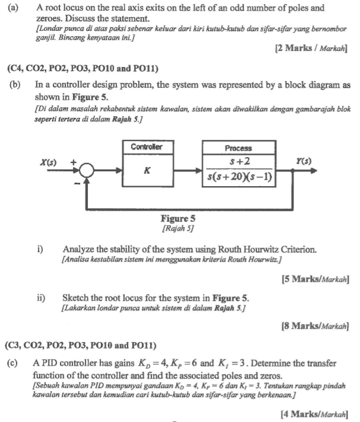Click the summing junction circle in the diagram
click(x=87, y=171)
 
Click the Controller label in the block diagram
click(x=145, y=146)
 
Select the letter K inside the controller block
click(x=146, y=171)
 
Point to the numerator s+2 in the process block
click(x=239, y=162)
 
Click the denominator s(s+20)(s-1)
click(x=239, y=177)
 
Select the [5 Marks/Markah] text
click(x=313, y=278)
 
